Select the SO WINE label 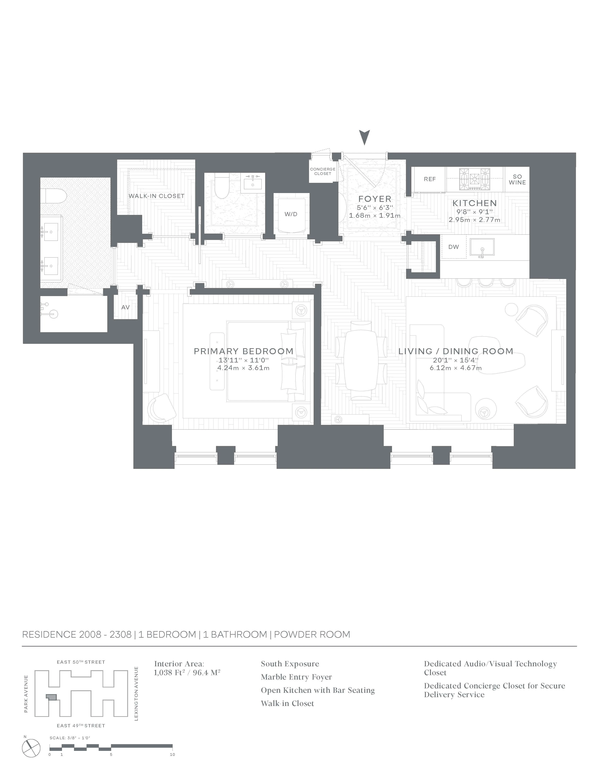click(x=517, y=179)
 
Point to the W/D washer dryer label click(x=291, y=214)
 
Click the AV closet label click(x=125, y=307)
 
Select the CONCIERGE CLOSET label click(x=323, y=171)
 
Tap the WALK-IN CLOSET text click(x=156, y=196)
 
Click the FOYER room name click(x=375, y=199)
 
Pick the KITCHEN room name click(x=474, y=203)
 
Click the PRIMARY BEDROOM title click(x=243, y=351)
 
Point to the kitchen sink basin click(x=482, y=247)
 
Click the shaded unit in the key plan click(x=52, y=697)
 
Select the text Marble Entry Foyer click(x=296, y=677)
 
